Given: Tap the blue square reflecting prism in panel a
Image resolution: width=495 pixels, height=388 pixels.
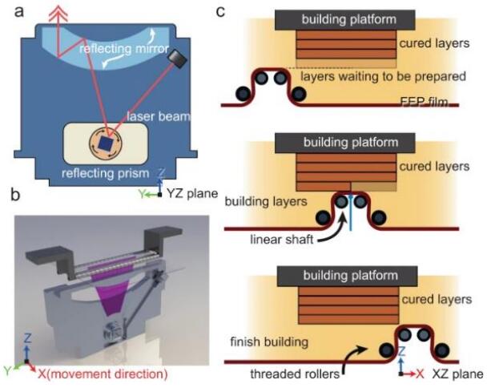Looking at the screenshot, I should coord(105,141).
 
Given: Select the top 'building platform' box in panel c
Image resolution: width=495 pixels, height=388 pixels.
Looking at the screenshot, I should coord(344,18).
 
